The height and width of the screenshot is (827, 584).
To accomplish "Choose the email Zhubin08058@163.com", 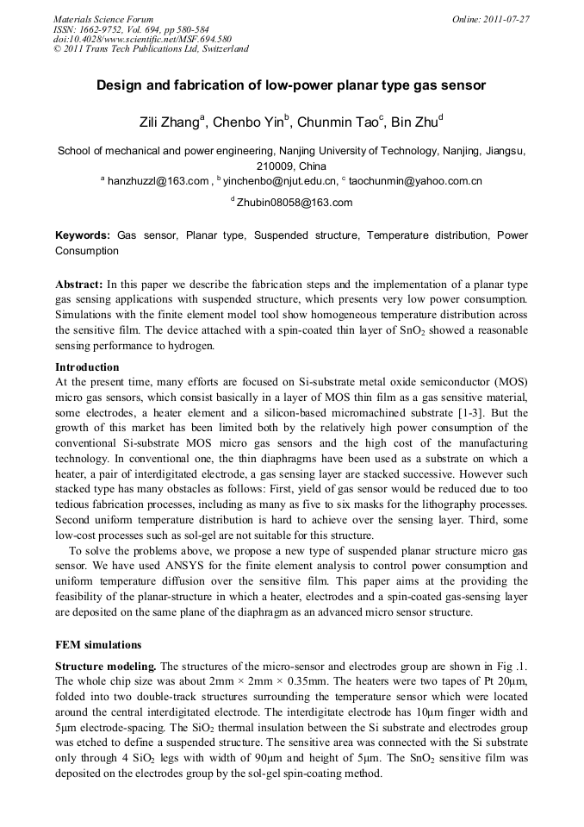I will [x=295, y=203].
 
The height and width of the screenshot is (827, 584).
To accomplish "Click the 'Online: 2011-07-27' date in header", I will [x=492, y=19].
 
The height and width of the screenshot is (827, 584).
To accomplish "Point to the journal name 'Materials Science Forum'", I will [x=103, y=19].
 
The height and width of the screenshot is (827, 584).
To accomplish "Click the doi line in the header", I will [x=142, y=39].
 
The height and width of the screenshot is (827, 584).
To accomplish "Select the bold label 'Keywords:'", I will [x=83, y=235].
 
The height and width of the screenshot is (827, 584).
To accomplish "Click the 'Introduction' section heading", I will [x=87, y=367].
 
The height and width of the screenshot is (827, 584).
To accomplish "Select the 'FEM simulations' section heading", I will [x=98, y=644].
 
